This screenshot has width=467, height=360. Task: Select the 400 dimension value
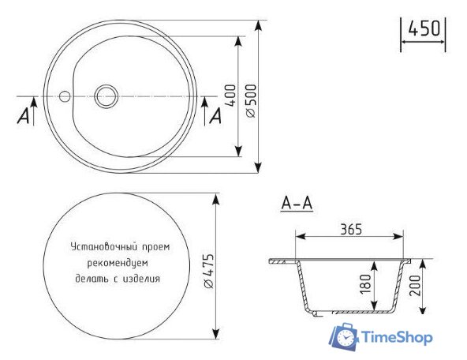pyautogui.click(x=230, y=95)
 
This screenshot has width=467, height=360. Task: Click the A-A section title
pyautogui.click(x=297, y=204)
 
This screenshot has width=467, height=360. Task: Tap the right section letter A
pyautogui.click(x=215, y=116)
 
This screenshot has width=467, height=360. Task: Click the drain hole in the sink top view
pyautogui.click(x=106, y=96)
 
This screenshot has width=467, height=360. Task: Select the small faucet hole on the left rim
pyautogui.click(x=65, y=96)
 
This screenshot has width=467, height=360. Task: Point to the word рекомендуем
pyautogui.click(x=118, y=261)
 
